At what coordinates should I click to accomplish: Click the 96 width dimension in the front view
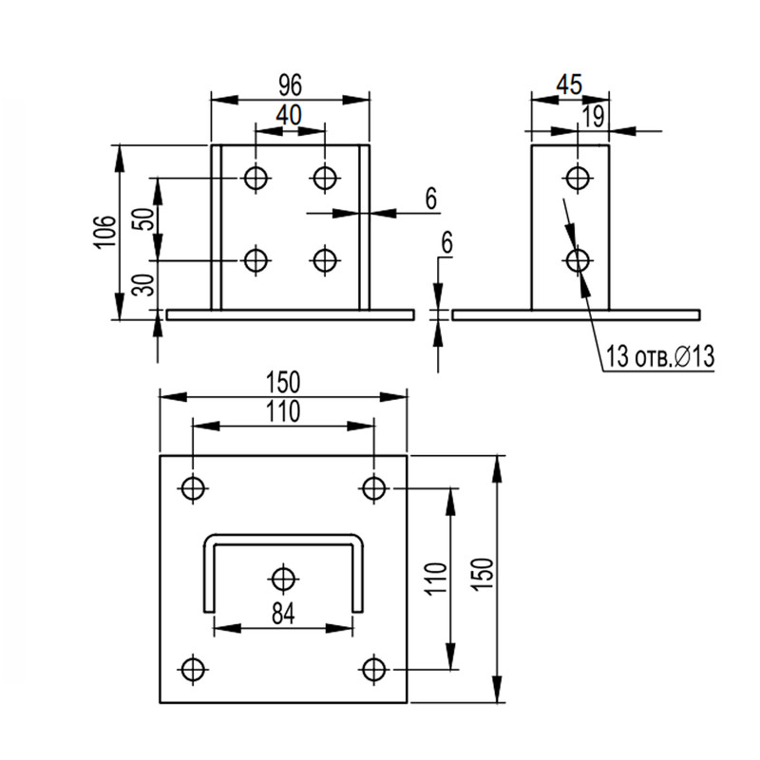291,85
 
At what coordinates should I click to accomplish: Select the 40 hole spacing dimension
289,115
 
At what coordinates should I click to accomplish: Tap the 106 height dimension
104,232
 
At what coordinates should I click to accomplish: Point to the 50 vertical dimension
144,218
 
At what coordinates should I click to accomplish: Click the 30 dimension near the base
144,284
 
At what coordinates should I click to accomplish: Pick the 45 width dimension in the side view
569,85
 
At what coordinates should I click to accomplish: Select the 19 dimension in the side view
593,116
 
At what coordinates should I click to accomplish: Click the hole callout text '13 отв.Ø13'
660,357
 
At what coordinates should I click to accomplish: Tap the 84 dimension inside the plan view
283,614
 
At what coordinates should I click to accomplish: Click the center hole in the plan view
283,579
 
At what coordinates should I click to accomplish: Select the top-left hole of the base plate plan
194,488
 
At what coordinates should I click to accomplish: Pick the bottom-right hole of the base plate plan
373,670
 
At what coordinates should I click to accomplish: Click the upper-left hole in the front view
256,178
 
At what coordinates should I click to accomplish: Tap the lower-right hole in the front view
325,260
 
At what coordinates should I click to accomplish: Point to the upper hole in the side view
578,178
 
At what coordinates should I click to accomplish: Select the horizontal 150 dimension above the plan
283,382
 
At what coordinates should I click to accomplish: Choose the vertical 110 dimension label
434,579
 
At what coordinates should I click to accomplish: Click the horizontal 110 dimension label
283,411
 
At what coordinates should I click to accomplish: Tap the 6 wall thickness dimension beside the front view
431,199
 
